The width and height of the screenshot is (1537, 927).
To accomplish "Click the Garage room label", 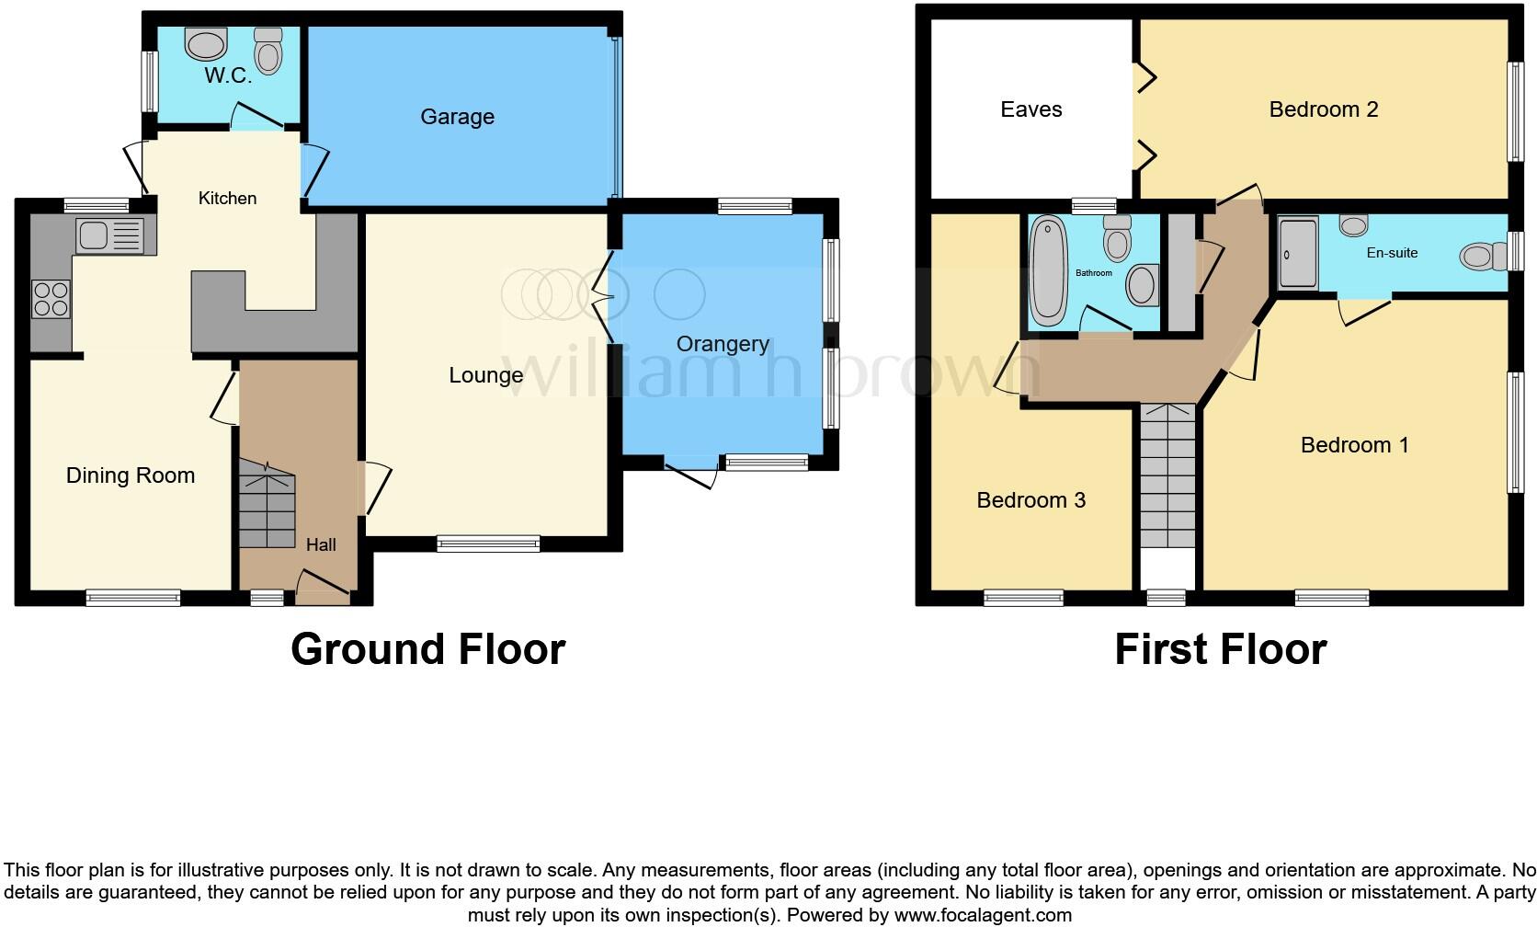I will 457,117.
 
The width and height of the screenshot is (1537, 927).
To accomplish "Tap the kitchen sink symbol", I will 110,235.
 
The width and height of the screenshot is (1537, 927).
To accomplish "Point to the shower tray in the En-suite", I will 1297,253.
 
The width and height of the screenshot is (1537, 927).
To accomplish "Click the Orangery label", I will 723,344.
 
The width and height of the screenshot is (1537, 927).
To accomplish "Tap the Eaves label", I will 1030,109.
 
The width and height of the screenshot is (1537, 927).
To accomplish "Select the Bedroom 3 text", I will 1030,500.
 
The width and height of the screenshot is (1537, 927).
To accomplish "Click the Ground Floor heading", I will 427,649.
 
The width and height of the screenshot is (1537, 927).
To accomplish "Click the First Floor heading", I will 1220,649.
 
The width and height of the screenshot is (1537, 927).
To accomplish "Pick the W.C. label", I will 228,75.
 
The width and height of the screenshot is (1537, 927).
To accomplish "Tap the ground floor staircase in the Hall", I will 268,505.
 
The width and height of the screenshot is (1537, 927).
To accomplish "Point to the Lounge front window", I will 488,544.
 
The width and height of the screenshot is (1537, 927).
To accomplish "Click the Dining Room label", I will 131,475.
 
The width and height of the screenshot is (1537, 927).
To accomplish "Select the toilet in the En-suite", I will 1478,256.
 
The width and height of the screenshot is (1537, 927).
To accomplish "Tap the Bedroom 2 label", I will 1323,109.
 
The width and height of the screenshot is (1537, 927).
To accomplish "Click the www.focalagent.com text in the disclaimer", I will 982,915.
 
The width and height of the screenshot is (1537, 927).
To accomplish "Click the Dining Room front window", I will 133,598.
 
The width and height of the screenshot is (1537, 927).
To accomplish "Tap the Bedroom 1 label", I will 1354,445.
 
